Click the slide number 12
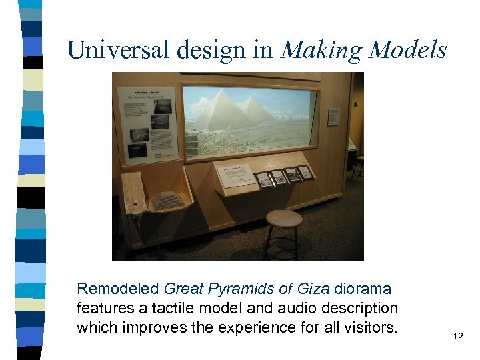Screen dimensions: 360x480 tap(457, 337)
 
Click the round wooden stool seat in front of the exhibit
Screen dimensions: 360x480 tap(283, 218)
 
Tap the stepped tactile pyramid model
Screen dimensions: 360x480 tap(168, 200)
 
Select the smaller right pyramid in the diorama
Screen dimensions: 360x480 tap(257, 111)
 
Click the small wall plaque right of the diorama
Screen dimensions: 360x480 tap(333, 117)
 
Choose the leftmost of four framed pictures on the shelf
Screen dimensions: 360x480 tap(264, 179)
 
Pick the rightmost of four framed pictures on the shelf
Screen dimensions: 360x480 tap(305, 172)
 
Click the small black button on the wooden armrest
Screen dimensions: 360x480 tap(135, 202)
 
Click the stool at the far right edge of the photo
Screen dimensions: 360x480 tap(359, 163)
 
